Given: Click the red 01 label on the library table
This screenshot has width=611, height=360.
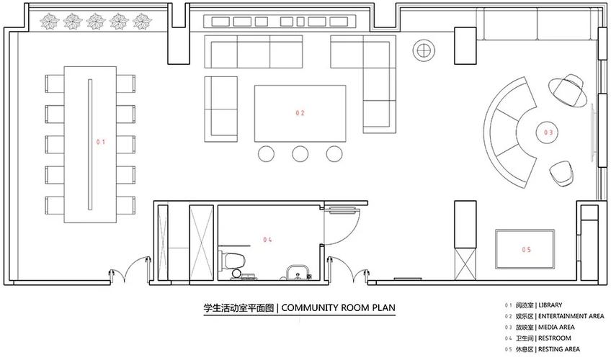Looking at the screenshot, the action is [101, 142].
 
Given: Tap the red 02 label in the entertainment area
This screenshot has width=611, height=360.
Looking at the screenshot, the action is [300, 113].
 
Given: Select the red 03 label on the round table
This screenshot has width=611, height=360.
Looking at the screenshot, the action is [548, 132].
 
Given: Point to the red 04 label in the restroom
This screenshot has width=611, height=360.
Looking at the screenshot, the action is [267, 240].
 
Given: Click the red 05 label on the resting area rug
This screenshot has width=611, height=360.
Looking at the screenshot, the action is [527, 249].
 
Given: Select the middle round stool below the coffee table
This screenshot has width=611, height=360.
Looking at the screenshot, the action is [300, 154].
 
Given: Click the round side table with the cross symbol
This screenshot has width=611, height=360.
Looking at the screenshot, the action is [424, 50].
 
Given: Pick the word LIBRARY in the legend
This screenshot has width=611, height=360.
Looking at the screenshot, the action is [550, 305].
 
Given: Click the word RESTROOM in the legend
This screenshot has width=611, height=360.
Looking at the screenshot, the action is [555, 338].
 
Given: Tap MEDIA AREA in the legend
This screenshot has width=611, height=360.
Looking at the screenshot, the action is [556, 328].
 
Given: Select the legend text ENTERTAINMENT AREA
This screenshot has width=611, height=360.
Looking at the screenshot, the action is [571, 316].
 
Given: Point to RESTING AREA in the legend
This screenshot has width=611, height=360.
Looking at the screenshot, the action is [559, 349].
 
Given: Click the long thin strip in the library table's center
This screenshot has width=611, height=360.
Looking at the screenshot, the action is [90, 145].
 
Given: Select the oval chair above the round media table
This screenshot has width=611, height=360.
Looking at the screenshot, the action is [568, 90].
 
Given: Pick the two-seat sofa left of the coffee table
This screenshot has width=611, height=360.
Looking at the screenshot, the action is [221, 109].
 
